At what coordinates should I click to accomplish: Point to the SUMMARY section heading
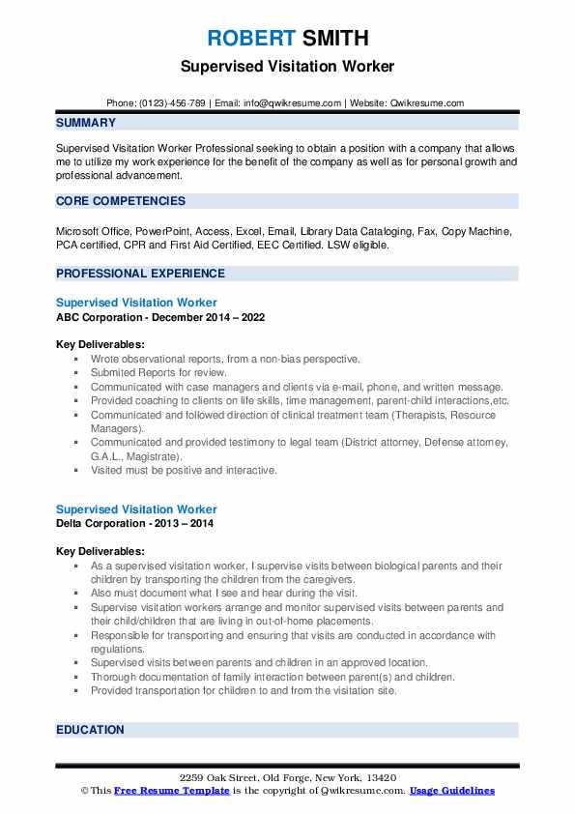[86, 123]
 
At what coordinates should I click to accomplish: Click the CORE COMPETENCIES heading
[121, 201]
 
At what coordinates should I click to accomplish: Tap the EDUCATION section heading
[90, 730]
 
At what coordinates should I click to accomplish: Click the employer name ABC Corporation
[101, 317]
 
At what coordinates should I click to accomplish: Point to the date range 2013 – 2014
[188, 523]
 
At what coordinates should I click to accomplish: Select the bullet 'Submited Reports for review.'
[158, 372]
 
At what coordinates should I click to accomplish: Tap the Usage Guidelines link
[451, 790]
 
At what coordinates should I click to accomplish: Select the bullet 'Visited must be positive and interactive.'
[184, 470]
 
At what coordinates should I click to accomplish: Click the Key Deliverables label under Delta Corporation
[101, 550]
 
